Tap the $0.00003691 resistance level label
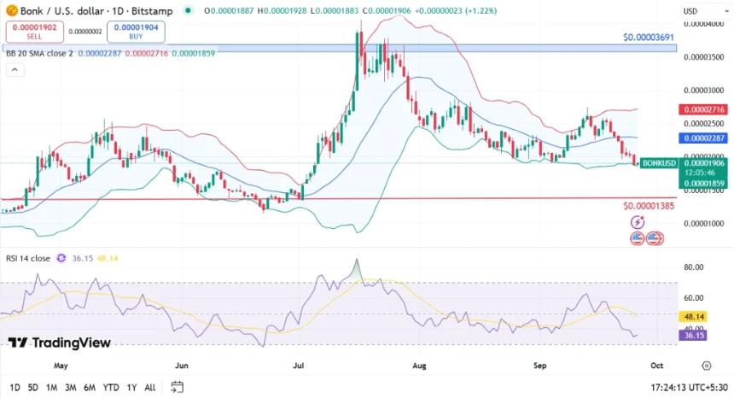click(649, 38)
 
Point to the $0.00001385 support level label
click(649, 206)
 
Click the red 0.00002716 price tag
click(702, 109)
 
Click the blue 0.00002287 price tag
click(702, 137)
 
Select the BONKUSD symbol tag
click(658, 162)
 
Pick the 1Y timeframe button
click(131, 387)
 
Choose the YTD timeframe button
click(111, 387)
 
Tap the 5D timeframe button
click(32, 387)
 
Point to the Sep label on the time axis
click(539, 364)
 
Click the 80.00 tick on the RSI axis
click(694, 267)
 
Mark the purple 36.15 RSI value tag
click(693, 336)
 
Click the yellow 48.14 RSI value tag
click(693, 316)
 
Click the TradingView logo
click(60, 343)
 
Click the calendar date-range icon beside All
click(177, 387)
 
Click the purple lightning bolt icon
click(638, 222)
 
